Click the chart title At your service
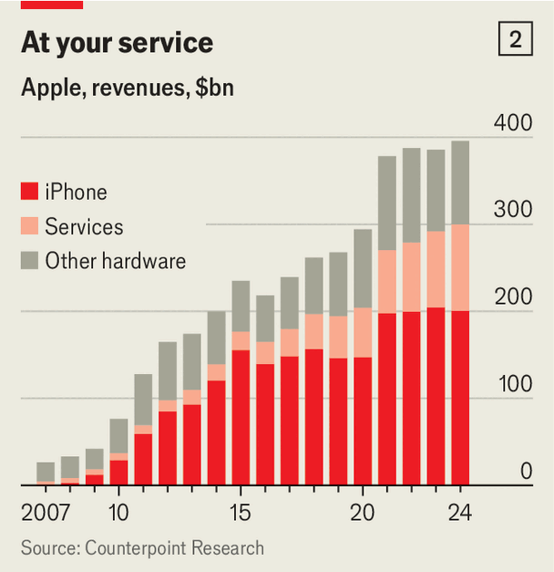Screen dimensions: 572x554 click(x=117, y=43)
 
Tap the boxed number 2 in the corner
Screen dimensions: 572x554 click(x=516, y=40)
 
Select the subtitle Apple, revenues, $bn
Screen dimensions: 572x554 click(x=128, y=89)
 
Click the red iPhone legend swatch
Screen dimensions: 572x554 click(x=29, y=192)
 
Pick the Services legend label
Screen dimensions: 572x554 click(x=84, y=226)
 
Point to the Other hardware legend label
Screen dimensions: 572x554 click(x=115, y=261)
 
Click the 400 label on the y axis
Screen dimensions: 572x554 click(x=512, y=122)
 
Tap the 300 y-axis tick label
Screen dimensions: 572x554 click(x=512, y=209)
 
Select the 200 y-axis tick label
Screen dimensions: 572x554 click(x=512, y=296)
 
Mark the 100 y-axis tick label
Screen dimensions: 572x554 click(x=512, y=383)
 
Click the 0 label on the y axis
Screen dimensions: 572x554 click(x=526, y=471)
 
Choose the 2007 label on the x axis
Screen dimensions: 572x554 click(x=46, y=512)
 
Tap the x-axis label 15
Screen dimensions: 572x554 click(x=241, y=512)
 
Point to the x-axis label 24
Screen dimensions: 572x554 click(x=460, y=512)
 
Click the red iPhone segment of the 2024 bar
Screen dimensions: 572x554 click(x=460, y=398)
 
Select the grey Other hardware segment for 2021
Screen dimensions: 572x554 click(x=387, y=203)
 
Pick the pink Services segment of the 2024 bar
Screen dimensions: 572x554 click(x=460, y=267)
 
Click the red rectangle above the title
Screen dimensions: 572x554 click(x=51, y=5)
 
